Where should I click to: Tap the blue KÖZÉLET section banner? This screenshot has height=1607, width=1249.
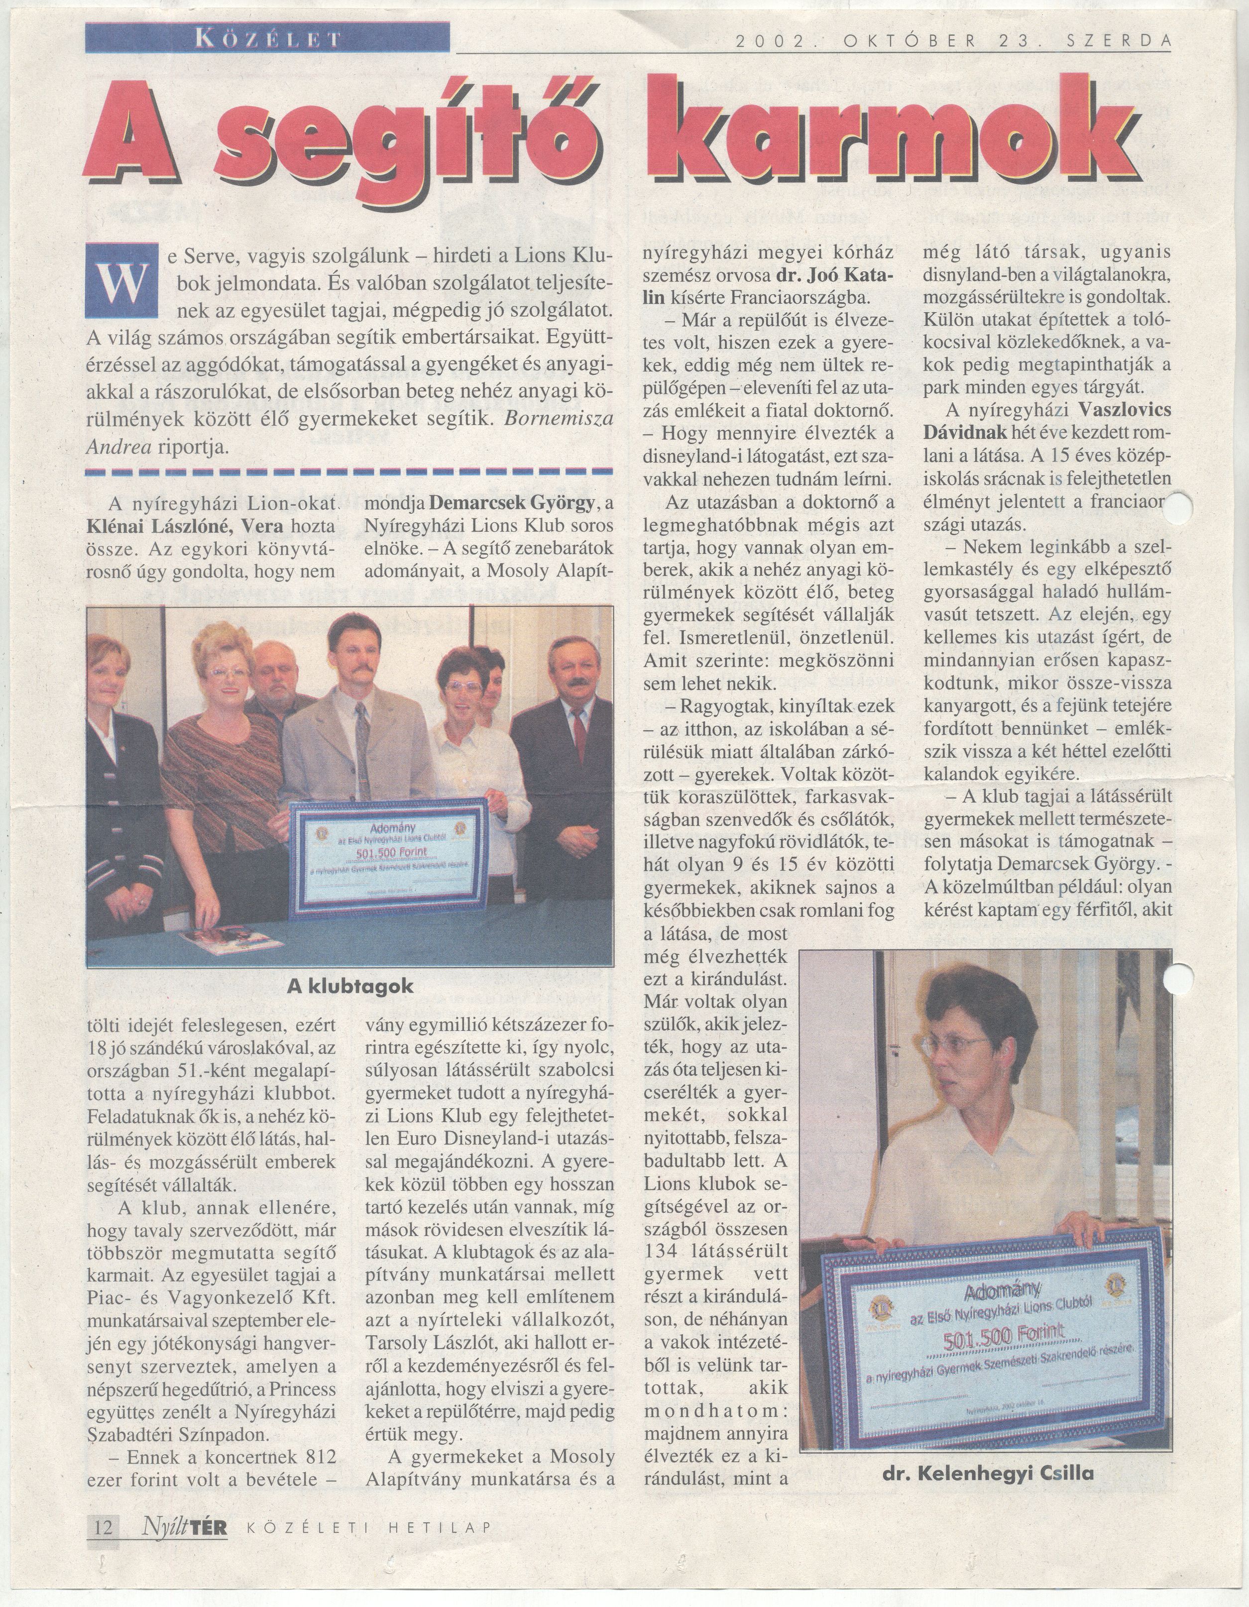point(267,37)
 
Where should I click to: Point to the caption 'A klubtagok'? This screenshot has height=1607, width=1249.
point(350,986)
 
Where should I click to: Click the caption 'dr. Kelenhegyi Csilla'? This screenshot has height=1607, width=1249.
point(988,1488)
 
